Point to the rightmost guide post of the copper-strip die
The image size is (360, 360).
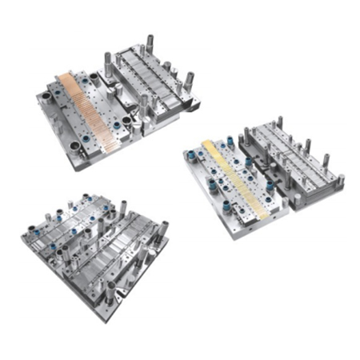tap(190, 80)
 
